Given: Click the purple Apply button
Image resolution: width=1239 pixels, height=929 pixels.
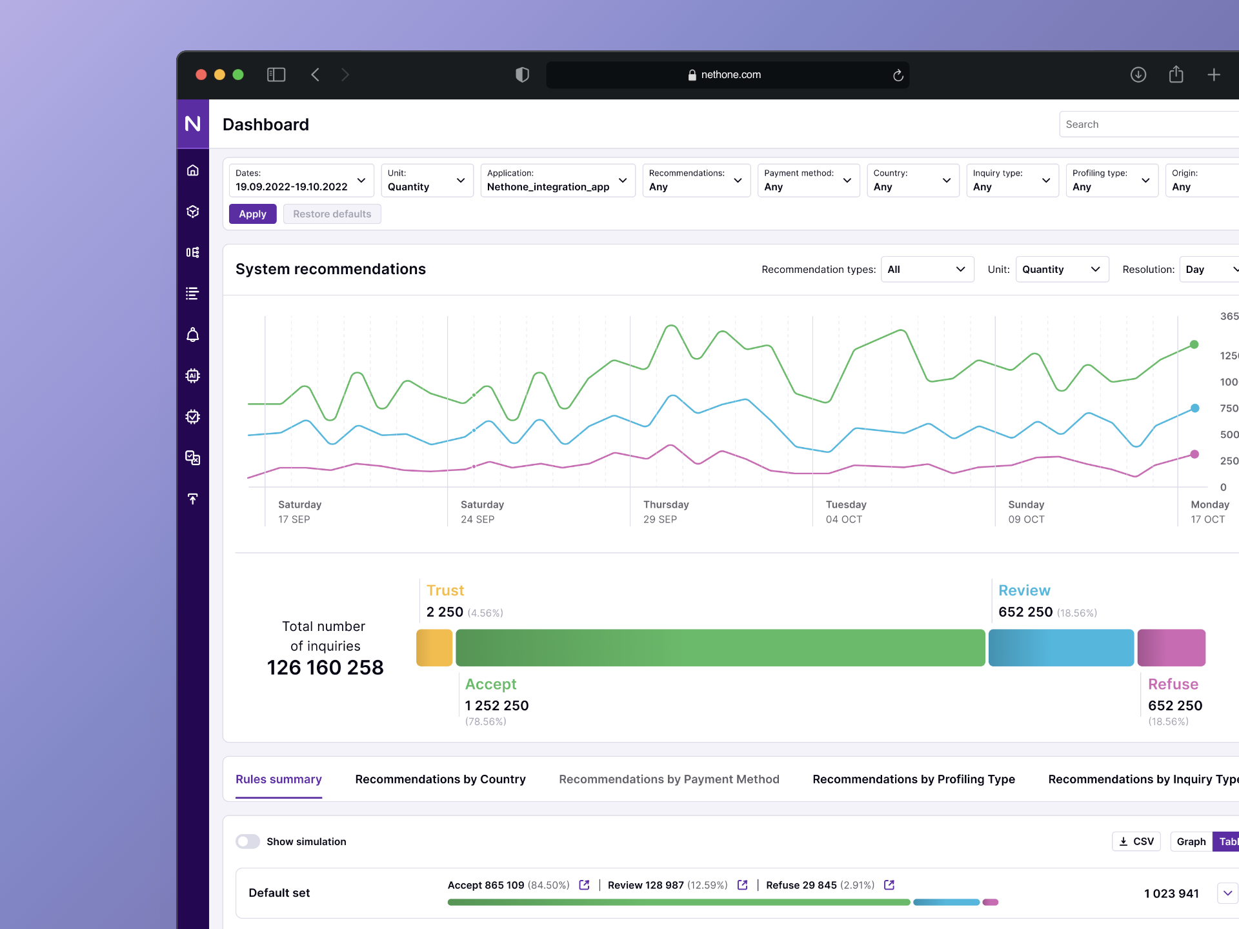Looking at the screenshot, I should click(x=252, y=214).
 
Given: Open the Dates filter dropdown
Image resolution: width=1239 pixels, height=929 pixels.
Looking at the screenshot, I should click(x=301, y=181).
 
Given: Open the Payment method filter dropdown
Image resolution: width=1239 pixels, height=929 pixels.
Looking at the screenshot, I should click(x=808, y=181).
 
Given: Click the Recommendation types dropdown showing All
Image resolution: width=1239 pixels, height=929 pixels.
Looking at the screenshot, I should click(x=927, y=270).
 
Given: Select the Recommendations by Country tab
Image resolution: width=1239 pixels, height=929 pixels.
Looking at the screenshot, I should click(x=440, y=779).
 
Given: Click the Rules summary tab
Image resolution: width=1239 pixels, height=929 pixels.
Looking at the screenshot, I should click(x=278, y=779).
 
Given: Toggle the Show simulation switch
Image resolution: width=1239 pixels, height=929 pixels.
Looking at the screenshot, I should click(x=248, y=841).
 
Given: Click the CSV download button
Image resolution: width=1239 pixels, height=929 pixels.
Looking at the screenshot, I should click(x=1136, y=841).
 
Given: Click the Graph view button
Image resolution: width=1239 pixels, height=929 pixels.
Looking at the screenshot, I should click(x=1191, y=841).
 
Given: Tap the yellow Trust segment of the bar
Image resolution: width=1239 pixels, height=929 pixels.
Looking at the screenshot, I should click(x=434, y=648).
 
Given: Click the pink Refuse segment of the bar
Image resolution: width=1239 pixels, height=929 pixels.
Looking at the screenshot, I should click(x=1171, y=648).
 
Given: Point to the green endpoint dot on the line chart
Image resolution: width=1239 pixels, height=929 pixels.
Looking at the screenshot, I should click(x=1194, y=345).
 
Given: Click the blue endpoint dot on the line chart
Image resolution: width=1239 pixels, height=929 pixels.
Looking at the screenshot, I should click(x=1194, y=408).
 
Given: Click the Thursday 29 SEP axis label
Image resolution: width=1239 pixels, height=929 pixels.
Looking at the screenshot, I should click(x=665, y=512).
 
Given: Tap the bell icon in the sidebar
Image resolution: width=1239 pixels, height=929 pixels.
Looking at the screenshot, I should click(x=192, y=335).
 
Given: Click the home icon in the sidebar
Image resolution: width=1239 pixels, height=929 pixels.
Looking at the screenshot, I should click(x=192, y=170).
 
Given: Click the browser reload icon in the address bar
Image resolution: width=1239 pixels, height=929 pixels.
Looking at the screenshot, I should click(x=898, y=75).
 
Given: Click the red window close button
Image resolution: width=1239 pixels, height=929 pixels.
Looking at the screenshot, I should click(x=201, y=75).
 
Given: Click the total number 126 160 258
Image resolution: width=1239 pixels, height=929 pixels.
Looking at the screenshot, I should click(x=325, y=668).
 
